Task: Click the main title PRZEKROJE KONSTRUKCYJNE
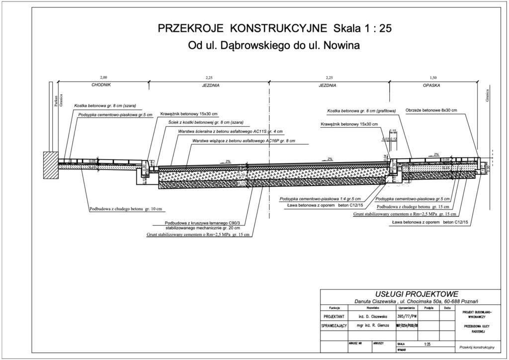point(243,28)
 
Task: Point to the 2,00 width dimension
point(103,78)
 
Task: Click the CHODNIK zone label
point(100,86)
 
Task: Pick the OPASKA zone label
point(431,86)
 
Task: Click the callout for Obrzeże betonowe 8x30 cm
point(431,110)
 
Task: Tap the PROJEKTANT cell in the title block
point(335,316)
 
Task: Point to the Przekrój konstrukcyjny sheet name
point(480,347)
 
